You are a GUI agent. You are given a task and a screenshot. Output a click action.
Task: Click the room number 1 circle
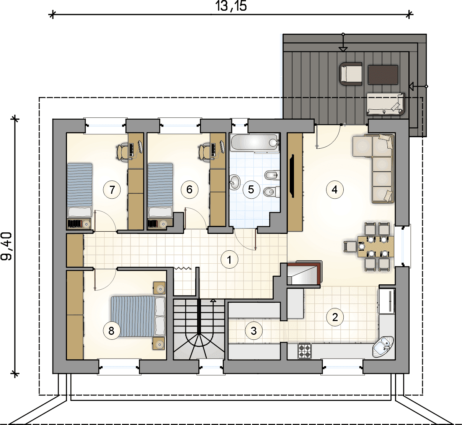229,260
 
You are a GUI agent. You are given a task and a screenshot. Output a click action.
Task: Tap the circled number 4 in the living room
335,190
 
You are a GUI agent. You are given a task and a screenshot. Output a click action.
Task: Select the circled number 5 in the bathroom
251,190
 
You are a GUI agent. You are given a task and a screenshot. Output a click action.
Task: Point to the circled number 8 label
111,331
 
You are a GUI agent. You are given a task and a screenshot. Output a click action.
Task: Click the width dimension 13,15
231,6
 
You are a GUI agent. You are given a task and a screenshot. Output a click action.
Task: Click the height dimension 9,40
6,246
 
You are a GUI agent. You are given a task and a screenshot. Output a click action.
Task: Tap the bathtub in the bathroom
255,142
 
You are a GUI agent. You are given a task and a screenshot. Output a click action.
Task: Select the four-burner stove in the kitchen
305,351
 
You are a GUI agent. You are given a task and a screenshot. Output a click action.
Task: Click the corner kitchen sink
383,347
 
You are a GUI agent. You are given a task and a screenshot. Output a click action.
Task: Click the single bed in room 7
80,190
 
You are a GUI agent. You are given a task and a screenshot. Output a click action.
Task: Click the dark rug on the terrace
383,75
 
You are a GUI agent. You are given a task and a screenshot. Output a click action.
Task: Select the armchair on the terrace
351,74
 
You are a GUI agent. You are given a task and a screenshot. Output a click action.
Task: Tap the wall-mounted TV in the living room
292,176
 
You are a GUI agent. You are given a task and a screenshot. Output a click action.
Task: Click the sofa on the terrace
385,104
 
